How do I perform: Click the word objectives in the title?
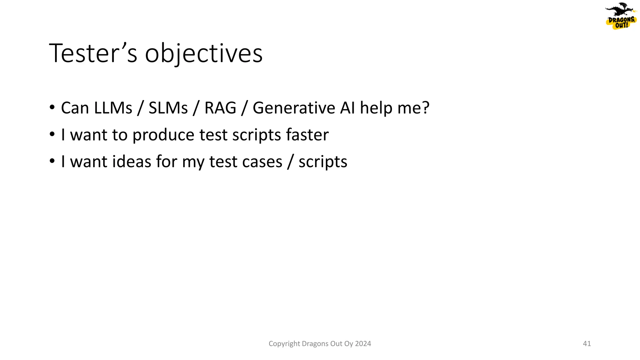[204, 54]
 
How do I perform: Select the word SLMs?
[168, 108]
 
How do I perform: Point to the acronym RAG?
[220, 108]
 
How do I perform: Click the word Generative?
[294, 108]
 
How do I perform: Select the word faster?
[307, 135]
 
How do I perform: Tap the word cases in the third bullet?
[262, 162]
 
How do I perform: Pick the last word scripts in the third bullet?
[323, 162]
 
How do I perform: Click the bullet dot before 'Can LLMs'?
[52, 108]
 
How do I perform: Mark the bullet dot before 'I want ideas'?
[52, 162]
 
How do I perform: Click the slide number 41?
[587, 344]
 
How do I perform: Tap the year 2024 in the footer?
[363, 344]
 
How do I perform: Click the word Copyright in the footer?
[284, 344]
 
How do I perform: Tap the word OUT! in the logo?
[621, 25]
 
